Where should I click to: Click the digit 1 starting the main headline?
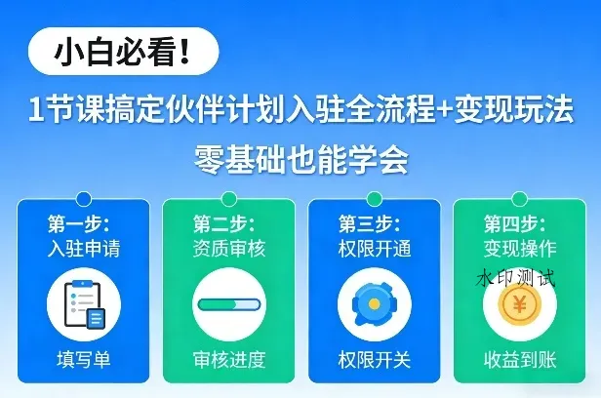(x=34, y=111)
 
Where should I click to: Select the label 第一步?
(x=78, y=222)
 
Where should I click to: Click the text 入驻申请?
(x=84, y=247)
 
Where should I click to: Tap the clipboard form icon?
(x=83, y=304)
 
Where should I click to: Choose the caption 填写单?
(x=83, y=361)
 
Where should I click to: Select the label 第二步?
(x=223, y=222)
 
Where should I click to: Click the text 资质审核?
(x=228, y=247)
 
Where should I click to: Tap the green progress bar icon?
(x=228, y=304)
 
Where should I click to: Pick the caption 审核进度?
(x=228, y=361)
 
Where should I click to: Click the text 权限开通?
(x=374, y=247)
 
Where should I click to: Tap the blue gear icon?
(x=374, y=304)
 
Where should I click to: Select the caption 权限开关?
(x=374, y=361)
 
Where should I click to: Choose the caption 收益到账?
(x=519, y=361)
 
